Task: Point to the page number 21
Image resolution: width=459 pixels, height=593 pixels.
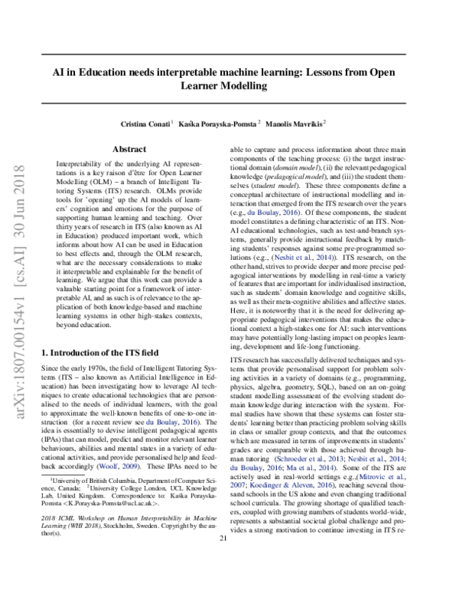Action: click(224, 581)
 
